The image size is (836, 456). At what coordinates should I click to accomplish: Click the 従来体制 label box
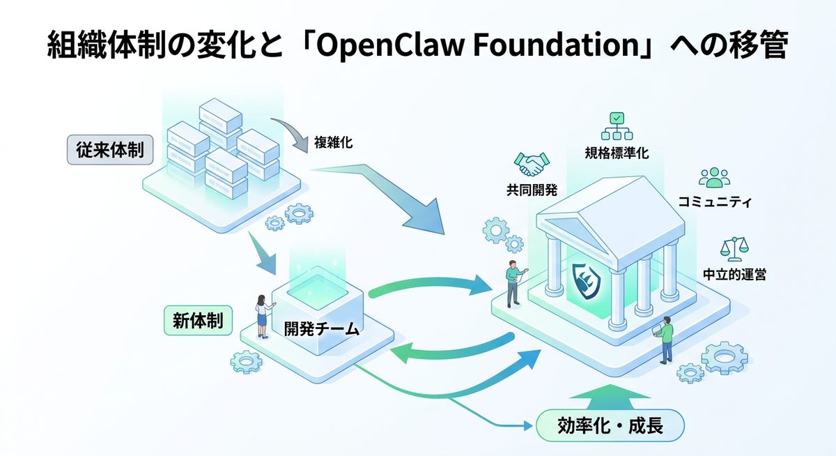tap(110, 151)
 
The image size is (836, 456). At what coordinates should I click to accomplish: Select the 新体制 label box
tap(198, 321)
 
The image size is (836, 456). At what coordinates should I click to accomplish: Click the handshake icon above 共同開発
tap(532, 165)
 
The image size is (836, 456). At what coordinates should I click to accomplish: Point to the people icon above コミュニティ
tap(714, 178)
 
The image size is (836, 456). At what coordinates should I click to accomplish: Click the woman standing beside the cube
tap(263, 315)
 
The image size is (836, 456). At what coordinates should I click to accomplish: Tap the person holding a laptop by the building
tap(666, 340)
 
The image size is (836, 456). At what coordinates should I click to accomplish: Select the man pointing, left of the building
tap(513, 282)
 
